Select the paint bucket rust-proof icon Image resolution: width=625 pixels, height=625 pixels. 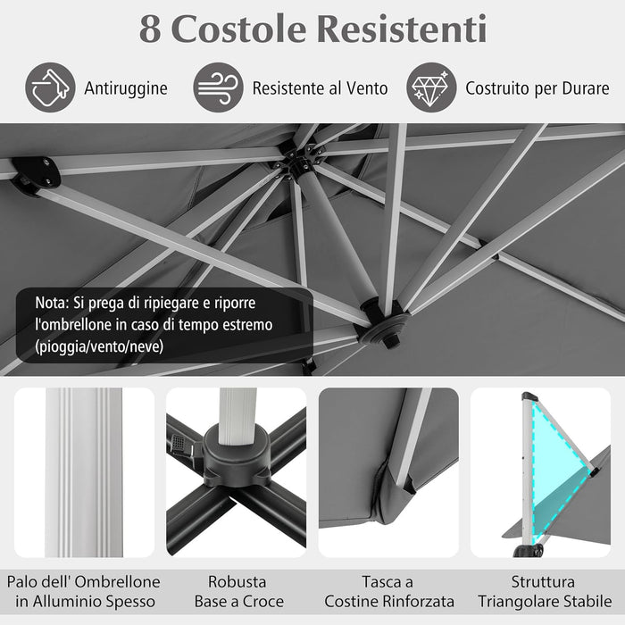(x=50, y=87)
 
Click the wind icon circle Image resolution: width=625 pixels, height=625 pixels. (x=218, y=87)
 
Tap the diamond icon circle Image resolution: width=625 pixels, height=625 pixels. (x=431, y=87)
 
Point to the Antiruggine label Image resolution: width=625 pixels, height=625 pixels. (x=126, y=88)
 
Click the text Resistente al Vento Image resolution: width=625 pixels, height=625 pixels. (x=320, y=88)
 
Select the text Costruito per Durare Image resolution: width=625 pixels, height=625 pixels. (x=537, y=88)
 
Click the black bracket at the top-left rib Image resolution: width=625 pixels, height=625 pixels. (x=36, y=173)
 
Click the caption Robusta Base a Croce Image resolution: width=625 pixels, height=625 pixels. (x=237, y=591)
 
